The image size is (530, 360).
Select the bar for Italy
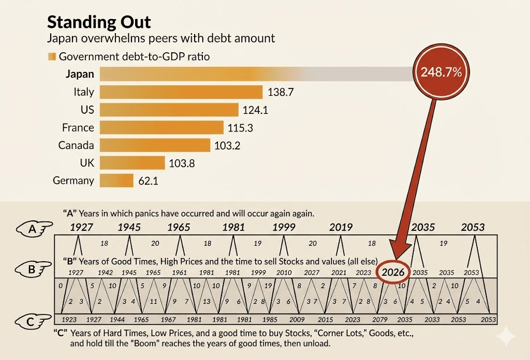point(181,92)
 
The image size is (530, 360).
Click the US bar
point(169,110)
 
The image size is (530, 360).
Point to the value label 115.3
point(241,128)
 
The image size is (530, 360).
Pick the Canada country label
point(76,145)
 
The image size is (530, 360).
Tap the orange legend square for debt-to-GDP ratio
point(51,57)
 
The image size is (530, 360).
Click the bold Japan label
point(80,74)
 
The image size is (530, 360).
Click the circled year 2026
point(393,271)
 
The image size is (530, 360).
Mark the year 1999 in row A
point(284,227)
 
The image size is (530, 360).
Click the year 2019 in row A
point(341,227)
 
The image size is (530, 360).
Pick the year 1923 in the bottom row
point(69,320)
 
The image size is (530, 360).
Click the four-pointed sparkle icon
point(505,337)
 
